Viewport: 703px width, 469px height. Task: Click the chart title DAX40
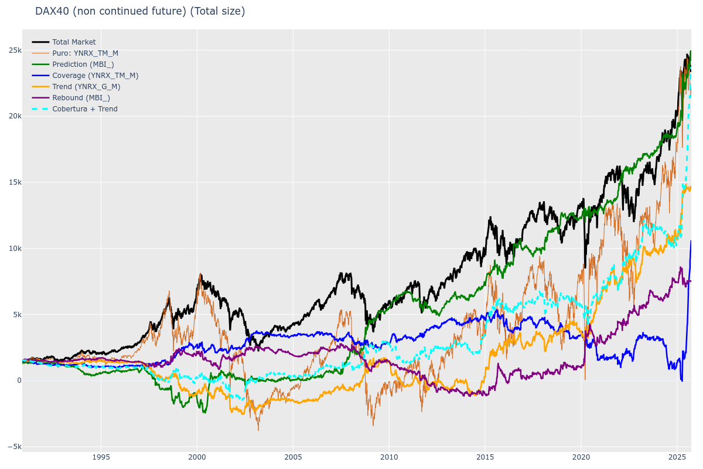pos(140,11)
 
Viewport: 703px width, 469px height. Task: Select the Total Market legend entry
pos(74,42)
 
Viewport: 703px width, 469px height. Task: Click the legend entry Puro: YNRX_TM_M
pos(85,53)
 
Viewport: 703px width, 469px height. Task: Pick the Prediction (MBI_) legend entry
pos(83,64)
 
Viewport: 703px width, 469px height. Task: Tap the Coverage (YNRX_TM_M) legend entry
pos(95,76)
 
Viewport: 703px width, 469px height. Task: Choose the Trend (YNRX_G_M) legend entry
pos(86,87)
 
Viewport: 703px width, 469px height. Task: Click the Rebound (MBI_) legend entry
pos(81,98)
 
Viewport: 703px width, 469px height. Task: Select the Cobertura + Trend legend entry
pos(84,109)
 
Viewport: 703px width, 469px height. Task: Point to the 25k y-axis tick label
pos(15,50)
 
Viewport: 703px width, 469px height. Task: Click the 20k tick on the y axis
pos(15,116)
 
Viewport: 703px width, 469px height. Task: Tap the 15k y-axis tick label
pos(15,182)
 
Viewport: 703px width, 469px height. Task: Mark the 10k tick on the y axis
pos(15,248)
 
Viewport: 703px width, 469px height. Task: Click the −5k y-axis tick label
pos(13,447)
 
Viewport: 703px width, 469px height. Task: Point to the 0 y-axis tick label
pos(19,380)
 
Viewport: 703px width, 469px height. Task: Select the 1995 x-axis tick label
pos(101,457)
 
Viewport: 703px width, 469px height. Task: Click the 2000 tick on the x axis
pos(197,457)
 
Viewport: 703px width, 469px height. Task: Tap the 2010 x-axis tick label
pos(389,457)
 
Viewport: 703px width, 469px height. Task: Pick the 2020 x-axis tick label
pos(581,457)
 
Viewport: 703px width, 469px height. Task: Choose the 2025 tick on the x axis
pos(677,457)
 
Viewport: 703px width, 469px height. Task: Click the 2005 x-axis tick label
pos(293,457)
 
